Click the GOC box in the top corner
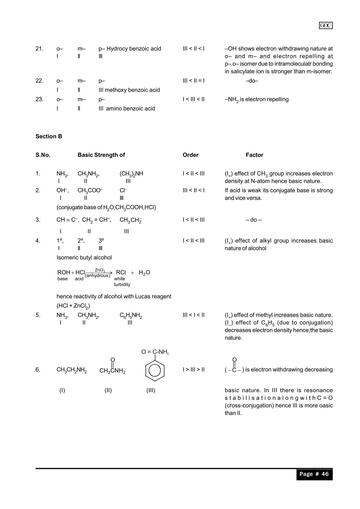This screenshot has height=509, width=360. (325, 26)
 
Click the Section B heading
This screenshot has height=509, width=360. (49, 136)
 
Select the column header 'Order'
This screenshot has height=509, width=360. (190, 155)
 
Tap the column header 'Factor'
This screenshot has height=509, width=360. (254, 155)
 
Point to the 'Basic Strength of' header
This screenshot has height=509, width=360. (101, 155)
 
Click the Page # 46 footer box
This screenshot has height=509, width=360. (314, 474)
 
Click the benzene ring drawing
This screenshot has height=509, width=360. (155, 371)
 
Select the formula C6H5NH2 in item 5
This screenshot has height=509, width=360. (131, 315)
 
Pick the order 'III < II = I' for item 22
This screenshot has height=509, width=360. (193, 81)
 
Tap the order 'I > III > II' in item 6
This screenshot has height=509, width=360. (193, 370)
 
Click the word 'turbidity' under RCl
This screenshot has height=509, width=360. (122, 285)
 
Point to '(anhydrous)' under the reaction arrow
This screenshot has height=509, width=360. (98, 276)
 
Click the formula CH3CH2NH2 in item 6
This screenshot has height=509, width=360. (72, 370)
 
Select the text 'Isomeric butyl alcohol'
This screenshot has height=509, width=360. (84, 258)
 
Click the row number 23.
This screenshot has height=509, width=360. (39, 99)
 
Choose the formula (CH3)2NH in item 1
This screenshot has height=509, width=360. (131, 174)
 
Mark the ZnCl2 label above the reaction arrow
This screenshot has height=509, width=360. (100, 270)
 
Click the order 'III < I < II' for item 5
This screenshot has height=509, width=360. (193, 315)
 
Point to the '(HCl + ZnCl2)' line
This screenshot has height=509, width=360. (73, 306)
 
